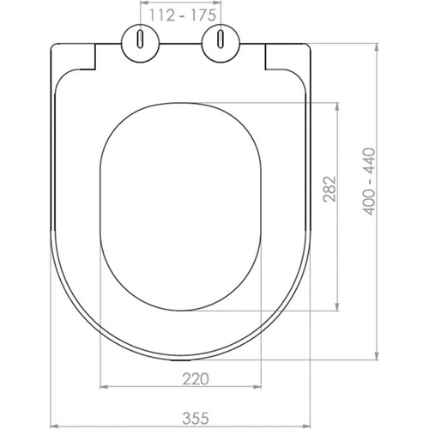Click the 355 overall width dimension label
tap(196, 419)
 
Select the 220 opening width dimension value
tap(196, 379)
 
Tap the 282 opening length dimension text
tap(329, 189)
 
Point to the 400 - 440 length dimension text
tap(369, 181)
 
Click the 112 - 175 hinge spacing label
tap(183, 15)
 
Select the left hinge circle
tap(141, 43)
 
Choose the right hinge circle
tap(221, 43)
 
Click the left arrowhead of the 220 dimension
tap(104, 387)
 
